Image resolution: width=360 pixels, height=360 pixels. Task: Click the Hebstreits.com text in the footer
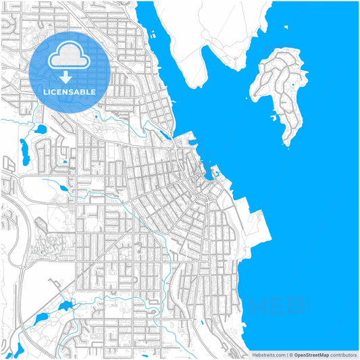[x=267, y=355]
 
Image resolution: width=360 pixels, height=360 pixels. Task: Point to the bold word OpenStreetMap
[x=311, y=355]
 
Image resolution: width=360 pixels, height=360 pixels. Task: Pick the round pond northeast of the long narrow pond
[x=40, y=129]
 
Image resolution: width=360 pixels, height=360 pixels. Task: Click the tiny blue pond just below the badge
[x=66, y=161]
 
